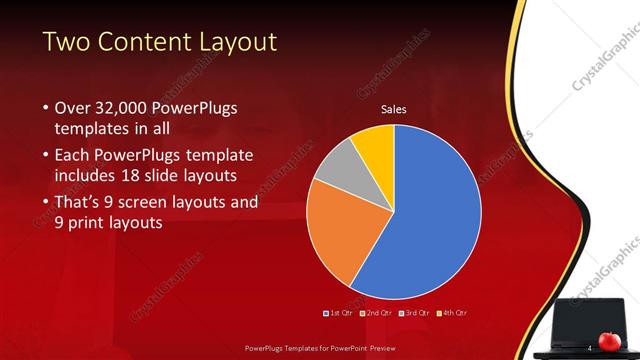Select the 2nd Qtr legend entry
pyautogui.click(x=376, y=313)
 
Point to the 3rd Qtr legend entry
pyautogui.click(x=414, y=313)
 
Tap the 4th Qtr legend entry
pyautogui.click(x=452, y=313)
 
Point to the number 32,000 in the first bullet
pyautogui.click(x=126, y=108)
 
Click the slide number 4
pyautogui.click(x=589, y=347)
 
